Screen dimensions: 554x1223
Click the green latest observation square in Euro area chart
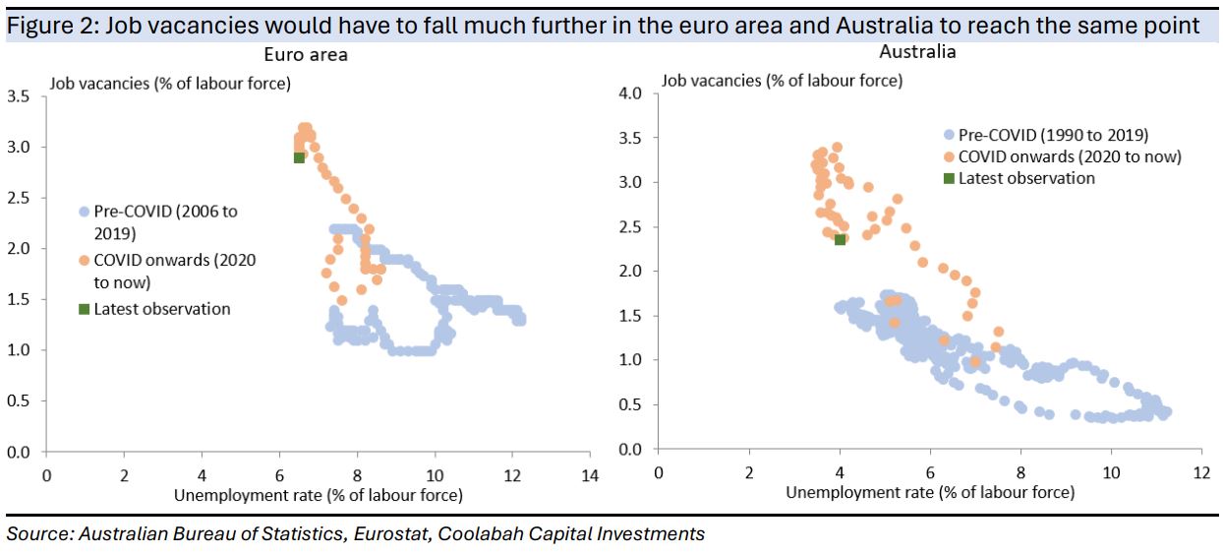pos(299,157)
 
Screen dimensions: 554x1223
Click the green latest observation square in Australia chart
pos(840,239)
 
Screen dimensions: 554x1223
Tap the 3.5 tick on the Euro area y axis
pos(19,96)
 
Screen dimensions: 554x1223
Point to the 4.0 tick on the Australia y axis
pos(631,93)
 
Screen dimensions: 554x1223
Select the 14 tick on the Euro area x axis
pos(589,472)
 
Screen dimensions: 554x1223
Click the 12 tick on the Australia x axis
pos(1200,470)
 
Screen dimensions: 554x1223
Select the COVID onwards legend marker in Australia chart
pos(949,156)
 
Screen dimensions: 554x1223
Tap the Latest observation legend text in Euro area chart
pos(162,309)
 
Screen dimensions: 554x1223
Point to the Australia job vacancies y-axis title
pos(782,81)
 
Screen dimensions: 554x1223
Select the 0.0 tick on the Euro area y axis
pos(19,453)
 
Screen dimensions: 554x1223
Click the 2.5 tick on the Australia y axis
pos(631,227)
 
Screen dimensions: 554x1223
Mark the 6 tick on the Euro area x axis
pos(279,472)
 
